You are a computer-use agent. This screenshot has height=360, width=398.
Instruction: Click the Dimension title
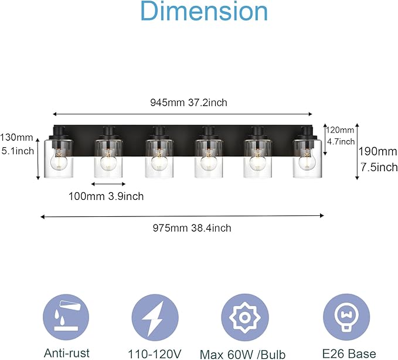pos(203,13)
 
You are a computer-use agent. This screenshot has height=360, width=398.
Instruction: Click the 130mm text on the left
pos(17,138)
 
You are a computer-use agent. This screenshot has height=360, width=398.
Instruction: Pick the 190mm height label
pos(377,151)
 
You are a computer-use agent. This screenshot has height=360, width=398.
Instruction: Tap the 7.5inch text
pos(379,167)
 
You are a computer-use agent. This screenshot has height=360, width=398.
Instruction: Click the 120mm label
pos(340,130)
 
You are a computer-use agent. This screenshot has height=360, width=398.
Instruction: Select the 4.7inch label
pos(340,141)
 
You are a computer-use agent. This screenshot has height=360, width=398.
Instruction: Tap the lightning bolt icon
pos(154,317)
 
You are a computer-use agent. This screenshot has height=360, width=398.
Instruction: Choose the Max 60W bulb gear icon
pos(242,317)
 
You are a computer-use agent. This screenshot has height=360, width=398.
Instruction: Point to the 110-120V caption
pos(155,354)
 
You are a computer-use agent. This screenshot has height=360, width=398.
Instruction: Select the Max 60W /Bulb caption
pos(243,354)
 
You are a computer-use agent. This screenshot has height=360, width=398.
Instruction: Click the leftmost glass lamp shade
pos(58,158)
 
